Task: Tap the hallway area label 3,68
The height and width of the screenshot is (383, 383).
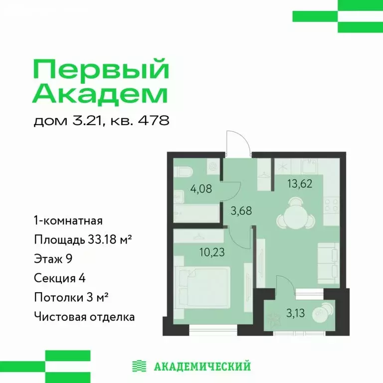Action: (240, 210)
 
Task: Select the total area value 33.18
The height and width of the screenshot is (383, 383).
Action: (101, 240)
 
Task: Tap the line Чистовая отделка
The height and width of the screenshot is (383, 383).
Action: (84, 316)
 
